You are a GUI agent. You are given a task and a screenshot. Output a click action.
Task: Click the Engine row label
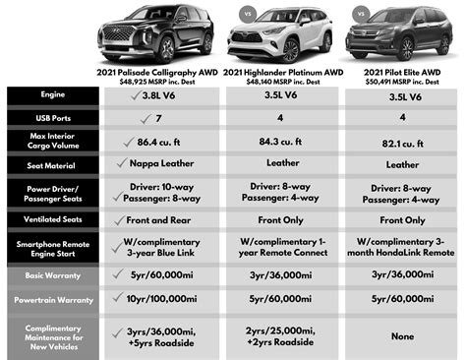[x=53, y=96]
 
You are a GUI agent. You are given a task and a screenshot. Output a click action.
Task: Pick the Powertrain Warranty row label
[x=53, y=298]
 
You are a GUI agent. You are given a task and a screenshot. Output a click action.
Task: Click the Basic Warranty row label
[x=53, y=276]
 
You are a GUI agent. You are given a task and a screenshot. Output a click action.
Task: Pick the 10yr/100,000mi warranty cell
[x=164, y=298]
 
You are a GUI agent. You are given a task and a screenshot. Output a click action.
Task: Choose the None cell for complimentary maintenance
[x=399, y=334]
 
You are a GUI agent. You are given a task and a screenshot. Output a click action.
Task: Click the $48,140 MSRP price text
[x=282, y=82]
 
